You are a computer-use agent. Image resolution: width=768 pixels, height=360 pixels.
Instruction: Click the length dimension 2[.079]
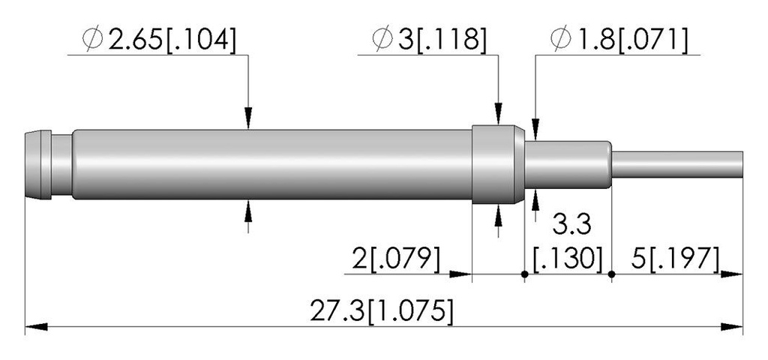coord(396,259)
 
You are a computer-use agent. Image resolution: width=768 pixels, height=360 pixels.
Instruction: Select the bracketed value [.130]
coord(568,259)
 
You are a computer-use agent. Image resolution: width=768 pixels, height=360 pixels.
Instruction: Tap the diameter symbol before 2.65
coord(92,39)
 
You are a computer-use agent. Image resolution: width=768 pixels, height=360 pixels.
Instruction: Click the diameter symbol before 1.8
coord(561,39)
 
